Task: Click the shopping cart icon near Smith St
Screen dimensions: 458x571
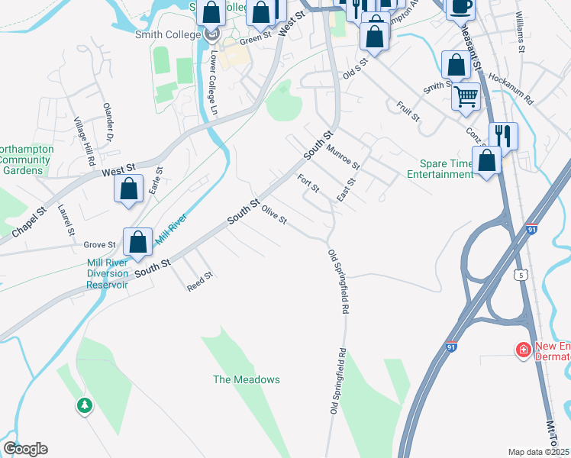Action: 466,97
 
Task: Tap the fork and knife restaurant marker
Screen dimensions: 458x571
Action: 503,136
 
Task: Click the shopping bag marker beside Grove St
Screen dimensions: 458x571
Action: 137,243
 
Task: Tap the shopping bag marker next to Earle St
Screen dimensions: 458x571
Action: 129,189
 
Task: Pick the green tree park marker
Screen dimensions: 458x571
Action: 84,405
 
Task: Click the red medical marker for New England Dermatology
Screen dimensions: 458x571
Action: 524,350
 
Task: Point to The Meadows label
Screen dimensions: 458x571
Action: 246,379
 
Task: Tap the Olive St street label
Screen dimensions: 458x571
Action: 273,215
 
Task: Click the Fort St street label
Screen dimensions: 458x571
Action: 308,183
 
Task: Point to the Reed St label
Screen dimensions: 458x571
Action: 199,280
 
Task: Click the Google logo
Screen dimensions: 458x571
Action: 25,449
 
